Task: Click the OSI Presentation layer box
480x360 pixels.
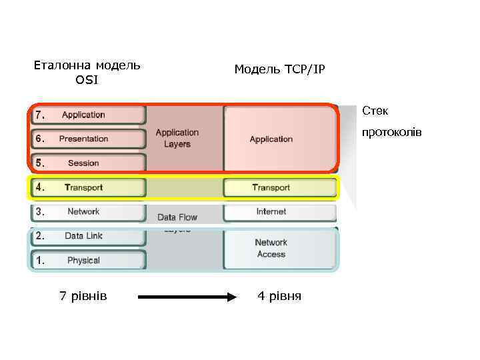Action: tap(87, 139)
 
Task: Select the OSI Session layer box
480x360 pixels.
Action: tap(87, 163)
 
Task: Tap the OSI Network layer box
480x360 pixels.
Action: tap(87, 212)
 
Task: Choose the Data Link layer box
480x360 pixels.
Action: tap(87, 236)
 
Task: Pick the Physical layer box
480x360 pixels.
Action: tap(87, 260)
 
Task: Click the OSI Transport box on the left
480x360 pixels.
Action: tap(87, 187)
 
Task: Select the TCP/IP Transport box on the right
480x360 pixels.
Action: tap(279, 187)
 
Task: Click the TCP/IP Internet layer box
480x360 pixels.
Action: tap(279, 212)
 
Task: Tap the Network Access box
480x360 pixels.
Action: tap(279, 249)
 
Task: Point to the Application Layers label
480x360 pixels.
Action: tap(177, 138)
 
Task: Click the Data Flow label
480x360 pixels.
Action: tap(177, 217)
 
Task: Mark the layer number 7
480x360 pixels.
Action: tap(40, 115)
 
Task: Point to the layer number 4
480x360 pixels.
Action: tap(40, 187)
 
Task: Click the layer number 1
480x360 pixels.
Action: tap(40, 261)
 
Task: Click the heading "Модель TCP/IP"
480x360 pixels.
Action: tap(279, 69)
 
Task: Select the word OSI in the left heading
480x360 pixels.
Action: tap(87, 81)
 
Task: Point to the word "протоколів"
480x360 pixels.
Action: tap(391, 132)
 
